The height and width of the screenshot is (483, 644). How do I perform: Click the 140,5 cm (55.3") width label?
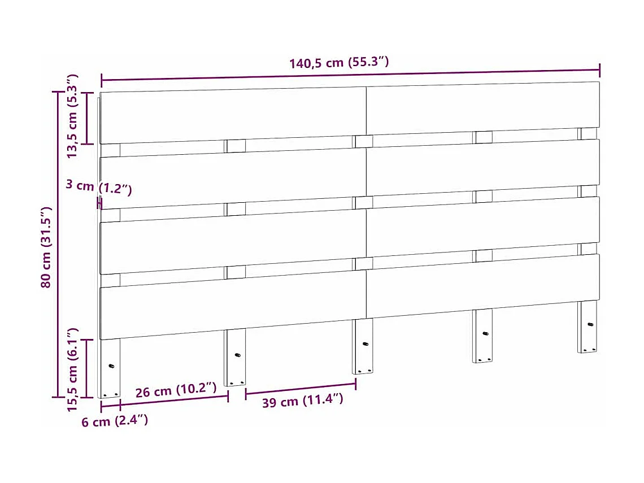tap(339, 62)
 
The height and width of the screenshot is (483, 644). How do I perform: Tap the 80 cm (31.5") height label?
tap(46, 247)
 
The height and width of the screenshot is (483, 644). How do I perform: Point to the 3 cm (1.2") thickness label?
tap(98, 187)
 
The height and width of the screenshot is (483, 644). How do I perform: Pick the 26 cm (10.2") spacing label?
tap(176, 390)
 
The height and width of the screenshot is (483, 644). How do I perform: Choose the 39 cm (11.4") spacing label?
tap(302, 402)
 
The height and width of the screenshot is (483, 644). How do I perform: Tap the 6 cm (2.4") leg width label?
tap(115, 421)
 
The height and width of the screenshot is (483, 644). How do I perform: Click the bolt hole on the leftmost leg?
tap(111, 366)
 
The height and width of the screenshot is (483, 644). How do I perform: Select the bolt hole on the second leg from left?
tap(237, 355)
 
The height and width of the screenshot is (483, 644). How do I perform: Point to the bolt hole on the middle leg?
tap(365, 344)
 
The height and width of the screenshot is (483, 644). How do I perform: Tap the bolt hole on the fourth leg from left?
tap(485, 333)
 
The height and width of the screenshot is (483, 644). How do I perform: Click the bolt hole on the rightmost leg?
tap(590, 324)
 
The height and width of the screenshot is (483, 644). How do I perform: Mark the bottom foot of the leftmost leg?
tap(110, 395)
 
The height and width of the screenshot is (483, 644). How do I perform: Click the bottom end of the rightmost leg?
tap(588, 350)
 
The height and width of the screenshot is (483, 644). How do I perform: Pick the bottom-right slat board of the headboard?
tap(482, 285)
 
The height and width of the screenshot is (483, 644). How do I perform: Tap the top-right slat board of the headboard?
tap(482, 107)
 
